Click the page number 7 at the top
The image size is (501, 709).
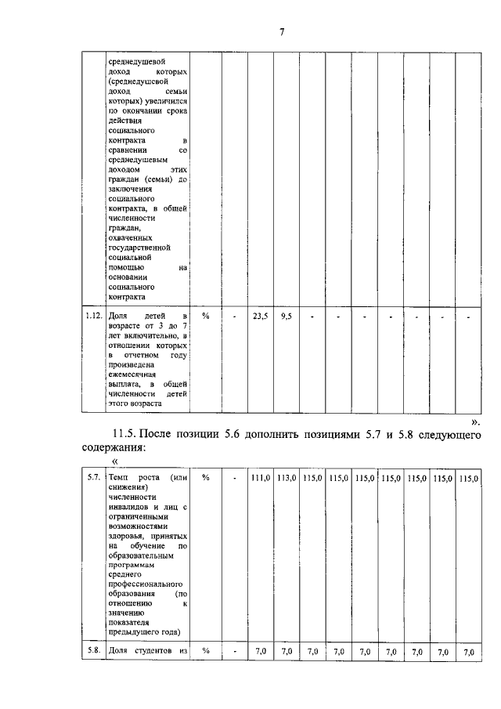click(281, 32)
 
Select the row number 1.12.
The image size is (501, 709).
click(93, 316)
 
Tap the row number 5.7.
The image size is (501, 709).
click(92, 478)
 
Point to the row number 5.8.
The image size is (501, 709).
click(92, 651)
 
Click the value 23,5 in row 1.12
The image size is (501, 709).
click(260, 316)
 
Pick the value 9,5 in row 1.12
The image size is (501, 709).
click(286, 316)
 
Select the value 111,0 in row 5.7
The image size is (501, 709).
click(260, 478)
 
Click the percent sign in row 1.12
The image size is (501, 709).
click(206, 316)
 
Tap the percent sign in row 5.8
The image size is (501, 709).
click(206, 651)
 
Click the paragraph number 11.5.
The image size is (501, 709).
click(127, 435)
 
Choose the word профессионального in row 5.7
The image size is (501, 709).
click(146, 584)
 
